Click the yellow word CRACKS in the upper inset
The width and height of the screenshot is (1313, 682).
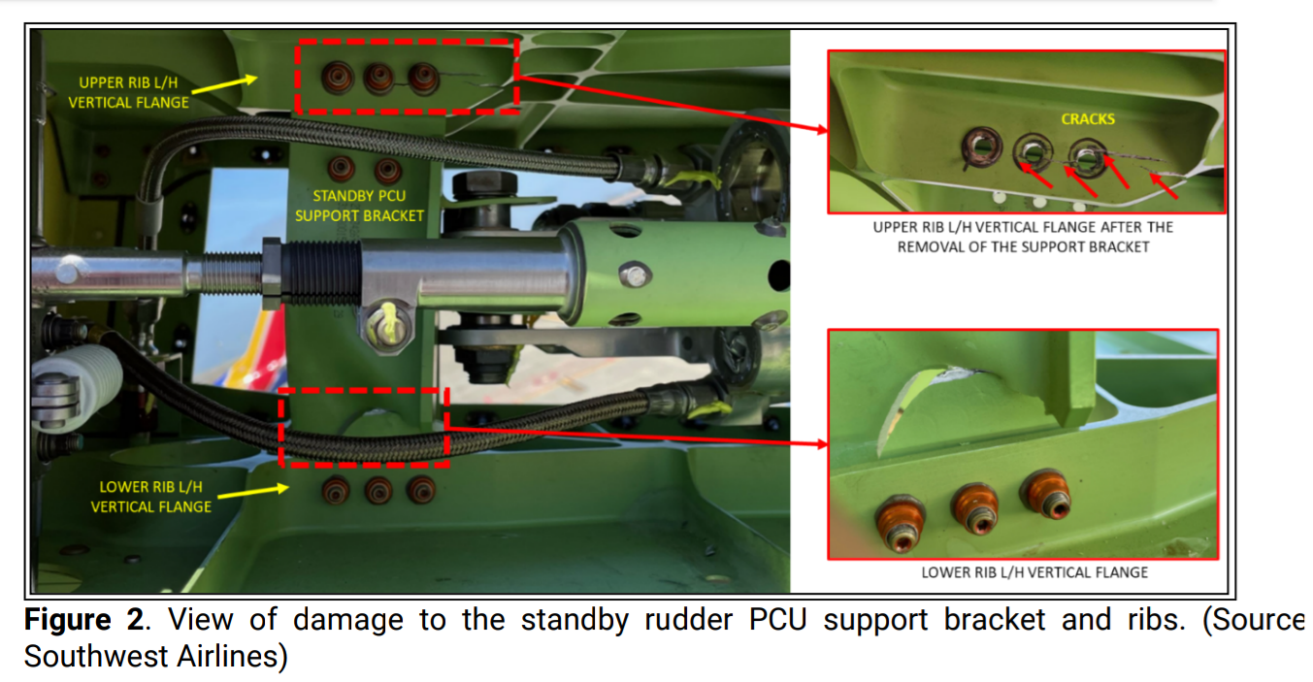[x=1087, y=119]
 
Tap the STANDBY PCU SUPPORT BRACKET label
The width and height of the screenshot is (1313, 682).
[x=359, y=206]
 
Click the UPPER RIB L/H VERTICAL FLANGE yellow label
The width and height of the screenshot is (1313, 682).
[x=128, y=92]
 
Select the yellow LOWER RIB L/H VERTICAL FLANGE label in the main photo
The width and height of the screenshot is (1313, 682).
[x=150, y=497]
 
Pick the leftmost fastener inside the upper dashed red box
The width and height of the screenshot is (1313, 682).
[x=338, y=78]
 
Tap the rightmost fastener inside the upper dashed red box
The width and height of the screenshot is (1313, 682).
[x=423, y=79]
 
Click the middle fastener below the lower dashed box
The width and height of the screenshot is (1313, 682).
[x=378, y=491]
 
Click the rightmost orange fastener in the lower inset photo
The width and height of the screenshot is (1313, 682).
[x=1047, y=494]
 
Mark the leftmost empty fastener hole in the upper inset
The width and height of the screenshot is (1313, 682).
[x=981, y=147]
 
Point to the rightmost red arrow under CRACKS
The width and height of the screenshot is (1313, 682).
[x=1163, y=185]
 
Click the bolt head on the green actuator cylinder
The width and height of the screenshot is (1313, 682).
[x=634, y=276]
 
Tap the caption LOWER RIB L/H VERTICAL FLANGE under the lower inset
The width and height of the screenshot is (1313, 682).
[x=1034, y=571]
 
